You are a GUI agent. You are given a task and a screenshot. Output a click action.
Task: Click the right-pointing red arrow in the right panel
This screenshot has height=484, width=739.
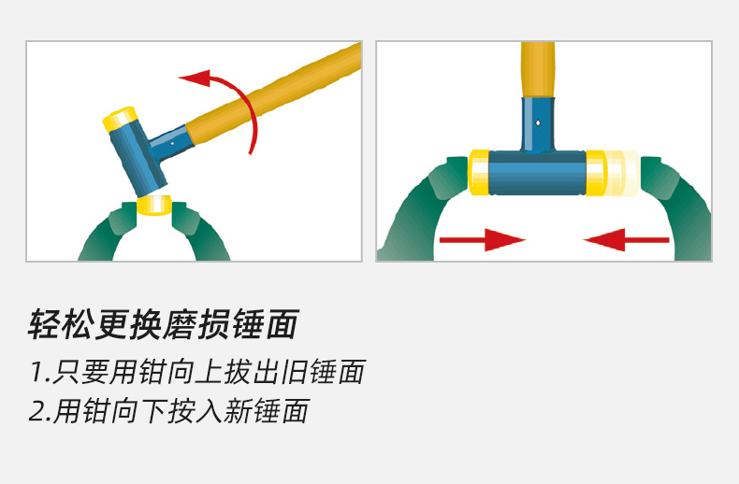482,240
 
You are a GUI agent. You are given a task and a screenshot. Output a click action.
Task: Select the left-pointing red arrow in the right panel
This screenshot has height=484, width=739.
627,240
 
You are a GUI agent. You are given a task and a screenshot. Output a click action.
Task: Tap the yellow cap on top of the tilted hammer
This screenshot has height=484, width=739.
120,119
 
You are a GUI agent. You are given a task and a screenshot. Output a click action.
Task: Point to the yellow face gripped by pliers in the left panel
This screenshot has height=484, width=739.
154,206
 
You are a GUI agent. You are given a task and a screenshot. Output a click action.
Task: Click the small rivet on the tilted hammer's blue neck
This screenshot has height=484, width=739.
172,143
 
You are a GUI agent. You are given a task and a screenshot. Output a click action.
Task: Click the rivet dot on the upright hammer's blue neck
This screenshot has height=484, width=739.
538,123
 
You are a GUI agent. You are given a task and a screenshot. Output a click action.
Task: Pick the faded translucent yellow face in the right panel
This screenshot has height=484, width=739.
621,173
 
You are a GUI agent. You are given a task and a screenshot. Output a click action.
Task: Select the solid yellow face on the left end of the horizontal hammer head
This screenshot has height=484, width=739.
479,172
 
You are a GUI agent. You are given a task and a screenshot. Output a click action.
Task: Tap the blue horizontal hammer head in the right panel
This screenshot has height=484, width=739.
537,173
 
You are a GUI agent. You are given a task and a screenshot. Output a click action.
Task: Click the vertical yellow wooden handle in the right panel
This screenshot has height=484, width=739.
538,70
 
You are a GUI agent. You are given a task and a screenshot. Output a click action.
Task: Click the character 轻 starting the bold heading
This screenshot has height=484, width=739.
45,324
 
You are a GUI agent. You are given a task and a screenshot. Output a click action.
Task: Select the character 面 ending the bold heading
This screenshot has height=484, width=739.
283,324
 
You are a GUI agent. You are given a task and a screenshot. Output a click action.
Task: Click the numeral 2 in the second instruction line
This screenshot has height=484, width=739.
37,410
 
